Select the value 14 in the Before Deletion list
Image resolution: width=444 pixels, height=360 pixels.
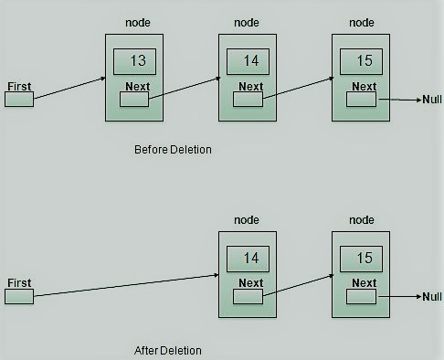point(250,61)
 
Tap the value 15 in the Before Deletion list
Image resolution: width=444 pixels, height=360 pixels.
point(363,61)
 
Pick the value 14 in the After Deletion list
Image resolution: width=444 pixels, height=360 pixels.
point(250,258)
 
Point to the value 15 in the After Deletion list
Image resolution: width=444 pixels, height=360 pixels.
point(363,258)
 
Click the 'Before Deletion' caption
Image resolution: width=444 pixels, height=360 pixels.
point(173,149)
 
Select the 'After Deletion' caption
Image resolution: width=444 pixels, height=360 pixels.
point(167,350)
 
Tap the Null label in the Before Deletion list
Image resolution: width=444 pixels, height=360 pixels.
point(432,100)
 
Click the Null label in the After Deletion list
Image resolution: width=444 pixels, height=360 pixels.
point(432,297)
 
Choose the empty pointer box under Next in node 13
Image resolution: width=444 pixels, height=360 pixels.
point(135,100)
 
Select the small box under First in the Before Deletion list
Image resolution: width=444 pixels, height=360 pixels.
point(18,99)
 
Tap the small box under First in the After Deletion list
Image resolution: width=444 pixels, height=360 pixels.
point(18,296)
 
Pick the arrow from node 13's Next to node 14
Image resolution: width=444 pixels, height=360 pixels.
point(184,89)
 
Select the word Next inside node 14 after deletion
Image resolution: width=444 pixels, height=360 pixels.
point(250,283)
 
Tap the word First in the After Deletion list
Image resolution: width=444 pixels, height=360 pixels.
point(18,283)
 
